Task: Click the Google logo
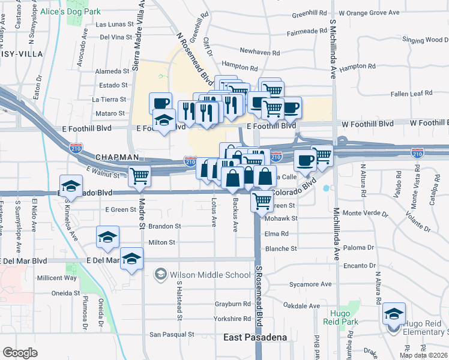20,352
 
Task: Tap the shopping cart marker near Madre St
139,176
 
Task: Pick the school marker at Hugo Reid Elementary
394,314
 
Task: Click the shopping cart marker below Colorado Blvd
262,202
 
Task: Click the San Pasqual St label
172,334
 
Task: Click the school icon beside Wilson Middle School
160,275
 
